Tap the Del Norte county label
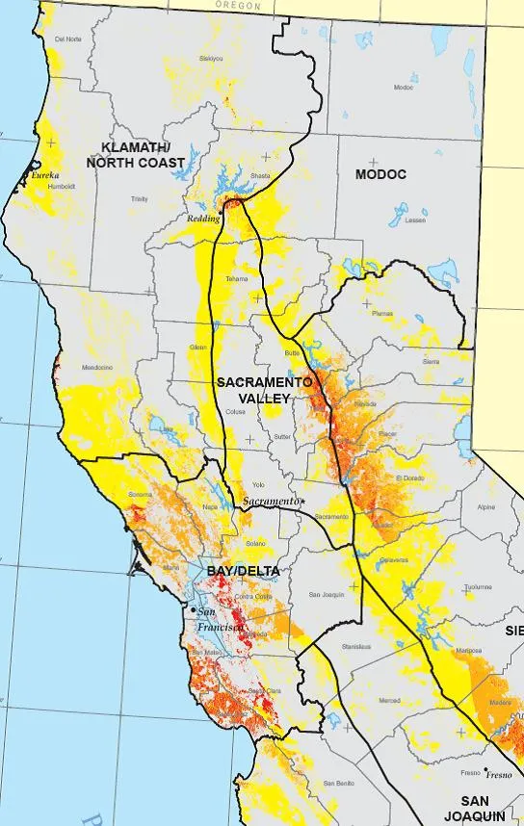(x=67, y=39)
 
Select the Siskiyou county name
(x=209, y=58)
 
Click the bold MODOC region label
(x=380, y=174)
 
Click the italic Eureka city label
(x=44, y=176)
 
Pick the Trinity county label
(x=141, y=198)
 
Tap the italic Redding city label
(x=204, y=219)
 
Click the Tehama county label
(x=236, y=278)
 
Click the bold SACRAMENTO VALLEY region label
(x=263, y=390)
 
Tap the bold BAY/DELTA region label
(x=248, y=571)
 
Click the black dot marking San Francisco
(x=194, y=610)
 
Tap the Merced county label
(x=390, y=700)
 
